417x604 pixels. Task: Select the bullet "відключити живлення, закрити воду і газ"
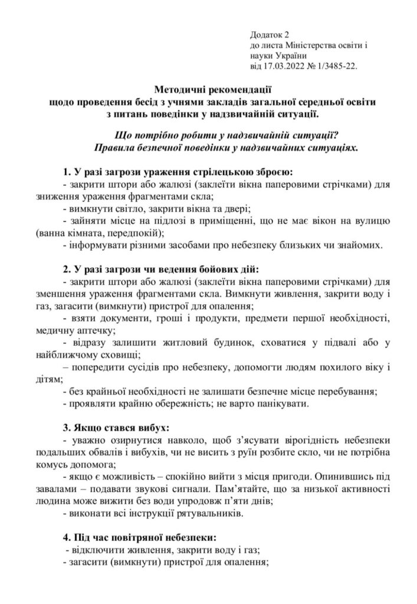pyautogui.click(x=165, y=550)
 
